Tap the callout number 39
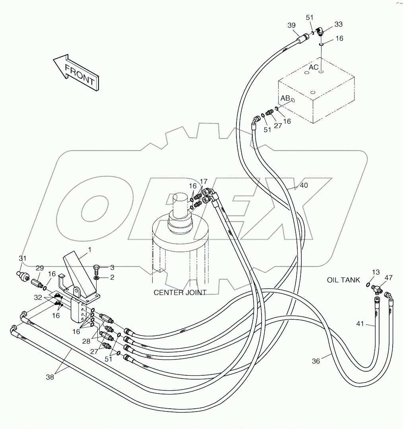tap(292, 25)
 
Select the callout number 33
tap(338, 24)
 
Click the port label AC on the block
tap(314, 67)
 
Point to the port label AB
tap(285, 98)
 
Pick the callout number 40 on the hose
tap(304, 186)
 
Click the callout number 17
tap(203, 181)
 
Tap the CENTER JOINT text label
tap(180, 293)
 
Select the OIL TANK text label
tap(343, 280)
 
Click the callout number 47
tap(388, 278)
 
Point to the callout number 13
tap(376, 272)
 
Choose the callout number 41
tap(360, 324)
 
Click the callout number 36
tap(316, 361)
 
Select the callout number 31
tap(23, 258)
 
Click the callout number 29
tap(40, 268)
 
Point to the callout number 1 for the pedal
tap(90, 250)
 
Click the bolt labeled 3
tap(97, 268)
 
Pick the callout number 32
tap(37, 297)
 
